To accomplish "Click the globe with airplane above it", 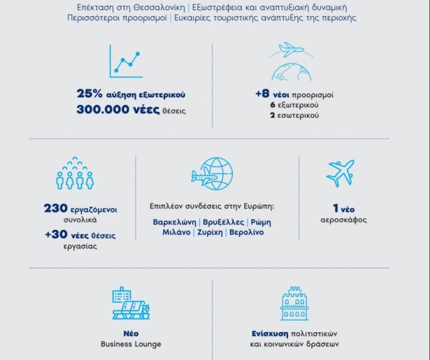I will coord(289,62).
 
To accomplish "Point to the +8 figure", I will coord(262,94).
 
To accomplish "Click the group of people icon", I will coord(75,174).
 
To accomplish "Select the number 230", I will coord(60,209).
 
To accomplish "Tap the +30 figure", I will coord(55,236).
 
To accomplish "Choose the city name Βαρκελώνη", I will coord(175,222).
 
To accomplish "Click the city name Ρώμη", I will coord(260,222).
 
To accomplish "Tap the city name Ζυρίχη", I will coord(210,232).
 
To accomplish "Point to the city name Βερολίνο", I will coord(246,232).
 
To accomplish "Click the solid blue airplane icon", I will coord(340,173).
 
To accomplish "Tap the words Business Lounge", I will coord(131,344).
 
